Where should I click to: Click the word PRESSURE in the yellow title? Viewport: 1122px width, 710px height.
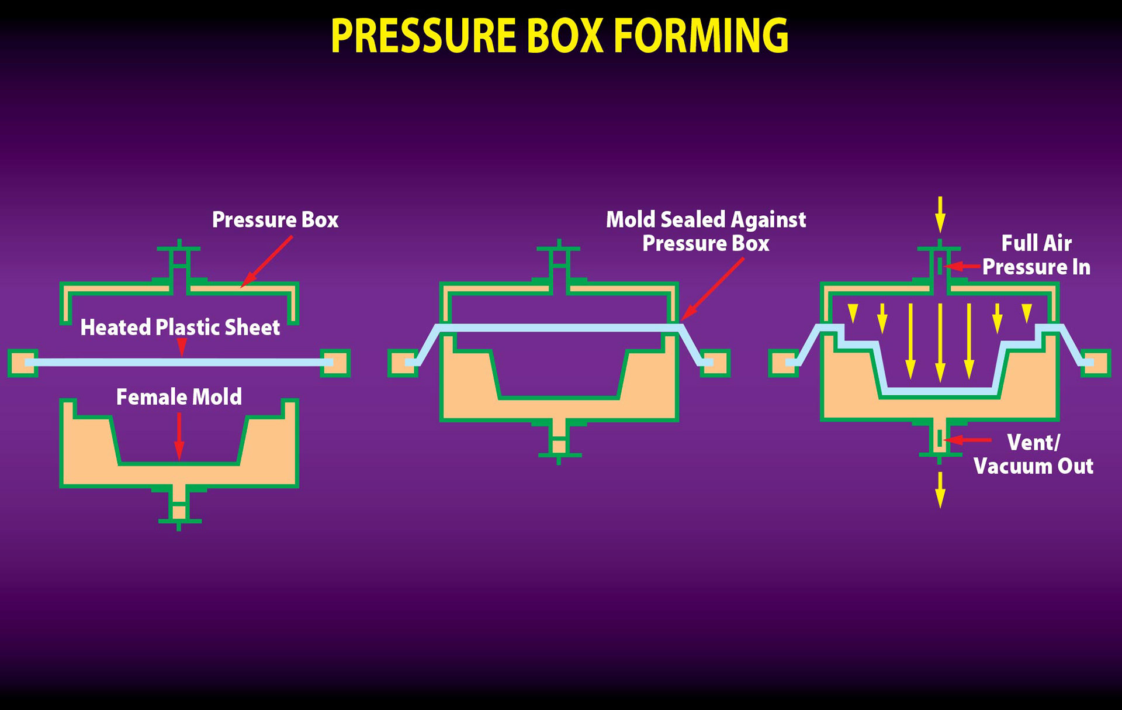coord(422,36)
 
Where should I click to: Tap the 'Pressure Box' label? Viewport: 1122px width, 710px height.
coord(275,220)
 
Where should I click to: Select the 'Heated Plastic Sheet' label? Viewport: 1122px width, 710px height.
coord(180,328)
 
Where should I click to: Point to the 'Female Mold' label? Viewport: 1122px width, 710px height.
coord(179,397)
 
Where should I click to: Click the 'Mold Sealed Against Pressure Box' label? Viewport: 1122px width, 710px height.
coord(706,232)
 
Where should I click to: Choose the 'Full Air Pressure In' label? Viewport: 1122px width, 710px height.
coord(1036,255)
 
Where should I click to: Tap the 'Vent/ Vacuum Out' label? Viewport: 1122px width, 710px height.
coord(1033,454)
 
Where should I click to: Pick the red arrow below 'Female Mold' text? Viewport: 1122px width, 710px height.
coord(179,436)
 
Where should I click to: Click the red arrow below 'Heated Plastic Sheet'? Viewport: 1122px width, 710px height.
coord(182,347)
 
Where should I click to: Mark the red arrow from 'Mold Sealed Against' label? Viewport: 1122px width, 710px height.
coord(713,289)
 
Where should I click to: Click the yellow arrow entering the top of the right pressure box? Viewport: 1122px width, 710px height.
coord(940,215)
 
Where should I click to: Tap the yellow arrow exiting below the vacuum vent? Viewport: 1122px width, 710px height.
coord(940,490)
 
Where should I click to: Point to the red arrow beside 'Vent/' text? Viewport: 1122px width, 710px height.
coord(967,440)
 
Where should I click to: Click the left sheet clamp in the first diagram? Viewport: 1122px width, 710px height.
coord(23,363)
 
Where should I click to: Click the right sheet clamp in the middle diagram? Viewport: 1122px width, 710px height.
coord(715,363)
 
